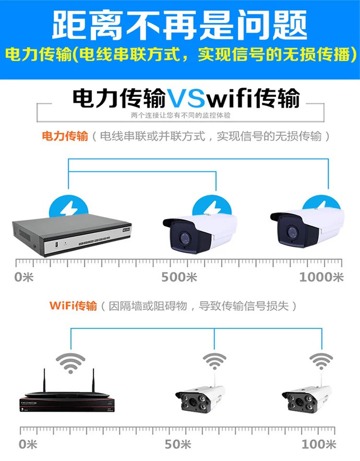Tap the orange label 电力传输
65,136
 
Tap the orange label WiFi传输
73,306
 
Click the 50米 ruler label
179,444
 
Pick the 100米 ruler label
319,444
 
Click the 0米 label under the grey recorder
24,277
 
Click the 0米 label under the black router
28,444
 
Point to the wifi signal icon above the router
71,363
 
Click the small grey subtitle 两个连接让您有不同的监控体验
180,115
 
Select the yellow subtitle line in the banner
180,54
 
